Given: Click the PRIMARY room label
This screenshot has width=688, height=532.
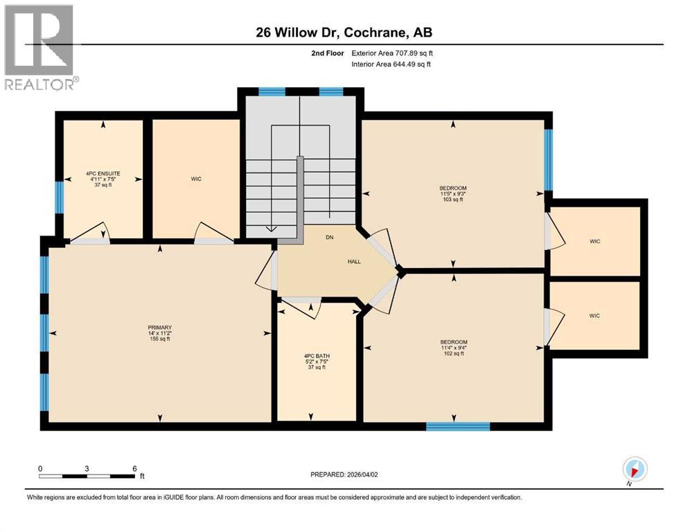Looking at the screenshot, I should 159,333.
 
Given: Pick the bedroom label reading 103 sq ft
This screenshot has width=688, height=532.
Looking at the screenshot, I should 453,193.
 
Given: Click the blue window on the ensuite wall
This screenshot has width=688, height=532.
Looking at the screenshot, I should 59,197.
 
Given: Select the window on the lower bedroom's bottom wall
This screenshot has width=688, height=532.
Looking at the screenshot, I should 457,426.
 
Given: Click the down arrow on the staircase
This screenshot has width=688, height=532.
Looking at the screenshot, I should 271,229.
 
